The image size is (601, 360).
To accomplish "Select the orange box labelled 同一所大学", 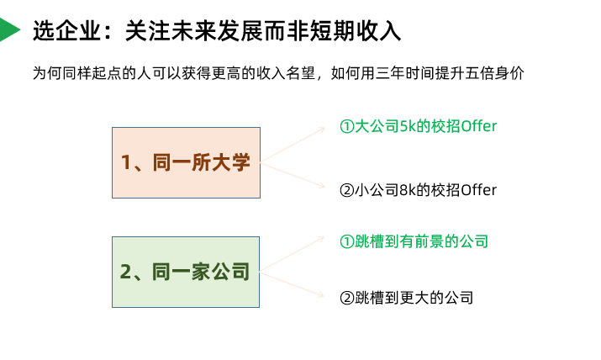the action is (x=186, y=162).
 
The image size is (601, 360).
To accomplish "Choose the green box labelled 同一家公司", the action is (x=186, y=272).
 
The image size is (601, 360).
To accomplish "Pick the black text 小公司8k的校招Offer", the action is (x=418, y=190).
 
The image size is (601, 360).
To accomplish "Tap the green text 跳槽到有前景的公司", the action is (x=414, y=242).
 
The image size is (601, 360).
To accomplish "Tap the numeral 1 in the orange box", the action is (x=126, y=163).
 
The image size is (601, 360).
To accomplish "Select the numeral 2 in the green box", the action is (x=126, y=273).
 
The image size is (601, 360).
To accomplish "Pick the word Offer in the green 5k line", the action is (x=478, y=126).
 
